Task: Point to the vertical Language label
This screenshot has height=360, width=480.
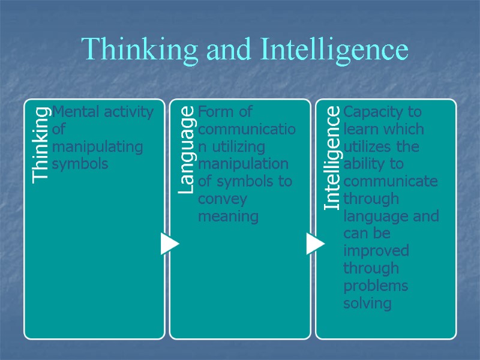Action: pyautogui.click(x=187, y=149)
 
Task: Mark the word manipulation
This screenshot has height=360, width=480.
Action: pyautogui.click(x=243, y=164)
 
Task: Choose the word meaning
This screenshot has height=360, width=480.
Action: pyautogui.click(x=228, y=216)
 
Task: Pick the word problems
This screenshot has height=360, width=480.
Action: pyautogui.click(x=375, y=286)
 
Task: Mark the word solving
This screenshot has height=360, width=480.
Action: pyautogui.click(x=367, y=303)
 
